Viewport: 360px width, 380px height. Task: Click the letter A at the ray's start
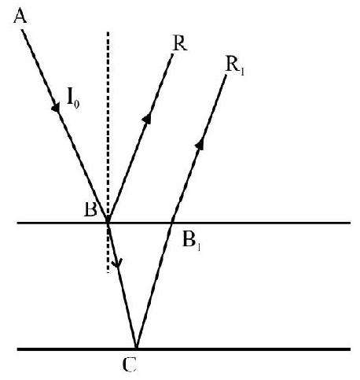(20, 17)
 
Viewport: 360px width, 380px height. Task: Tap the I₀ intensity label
(73, 101)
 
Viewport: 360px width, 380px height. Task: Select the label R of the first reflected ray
(180, 43)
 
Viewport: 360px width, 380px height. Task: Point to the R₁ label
(235, 65)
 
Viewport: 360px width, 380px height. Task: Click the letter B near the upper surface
(90, 209)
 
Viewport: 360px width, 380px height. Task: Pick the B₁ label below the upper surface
(192, 241)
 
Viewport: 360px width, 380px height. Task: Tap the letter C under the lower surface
(130, 365)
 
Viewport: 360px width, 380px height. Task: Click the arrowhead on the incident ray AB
(56, 107)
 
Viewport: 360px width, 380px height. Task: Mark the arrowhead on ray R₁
(200, 145)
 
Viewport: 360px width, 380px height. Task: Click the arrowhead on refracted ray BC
(117, 262)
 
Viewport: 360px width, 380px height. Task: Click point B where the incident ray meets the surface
(108, 223)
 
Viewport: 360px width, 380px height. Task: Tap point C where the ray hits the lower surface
(136, 349)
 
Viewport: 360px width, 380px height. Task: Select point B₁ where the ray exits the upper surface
(171, 223)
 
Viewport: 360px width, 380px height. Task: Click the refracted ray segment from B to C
(122, 286)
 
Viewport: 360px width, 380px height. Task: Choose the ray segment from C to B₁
(154, 286)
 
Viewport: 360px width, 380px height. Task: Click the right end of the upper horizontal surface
(351, 223)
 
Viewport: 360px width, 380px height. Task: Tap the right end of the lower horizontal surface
(351, 349)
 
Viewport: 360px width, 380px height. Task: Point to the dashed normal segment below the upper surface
(108, 249)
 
